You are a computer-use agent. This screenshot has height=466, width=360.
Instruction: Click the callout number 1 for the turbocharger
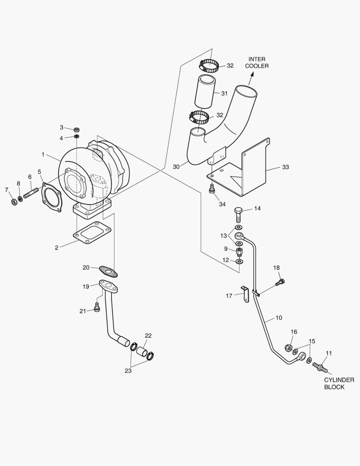43,154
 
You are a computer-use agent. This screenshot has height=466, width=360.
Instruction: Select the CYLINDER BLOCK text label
339,383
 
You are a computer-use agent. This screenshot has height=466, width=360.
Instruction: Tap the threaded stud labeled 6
31,190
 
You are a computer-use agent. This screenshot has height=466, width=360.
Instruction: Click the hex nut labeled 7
13,201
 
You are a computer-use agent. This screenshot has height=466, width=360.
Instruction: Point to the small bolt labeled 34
212,189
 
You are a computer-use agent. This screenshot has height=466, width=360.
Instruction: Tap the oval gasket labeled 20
107,271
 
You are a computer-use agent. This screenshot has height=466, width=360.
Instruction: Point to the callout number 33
285,167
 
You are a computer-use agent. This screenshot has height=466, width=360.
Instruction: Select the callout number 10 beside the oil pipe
279,318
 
